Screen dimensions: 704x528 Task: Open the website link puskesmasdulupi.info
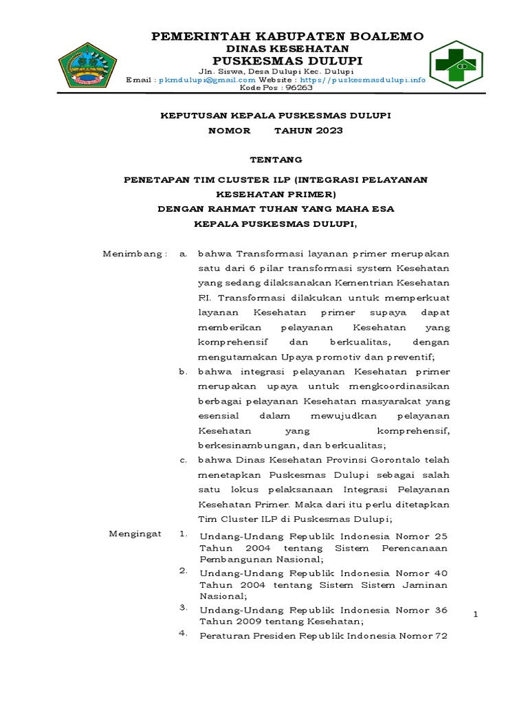377,80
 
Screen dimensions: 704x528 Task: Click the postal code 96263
298,88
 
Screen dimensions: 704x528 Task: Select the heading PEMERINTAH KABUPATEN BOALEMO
287,36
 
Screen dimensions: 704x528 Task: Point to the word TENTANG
276,159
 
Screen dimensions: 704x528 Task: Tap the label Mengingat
135,534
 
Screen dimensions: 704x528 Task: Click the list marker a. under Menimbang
183,254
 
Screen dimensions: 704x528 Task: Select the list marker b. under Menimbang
183,371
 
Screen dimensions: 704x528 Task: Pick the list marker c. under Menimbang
183,460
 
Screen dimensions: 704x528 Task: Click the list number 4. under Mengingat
184,633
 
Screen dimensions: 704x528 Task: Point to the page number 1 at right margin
475,613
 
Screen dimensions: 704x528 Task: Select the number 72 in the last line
441,636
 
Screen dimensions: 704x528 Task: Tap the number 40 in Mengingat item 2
441,573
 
